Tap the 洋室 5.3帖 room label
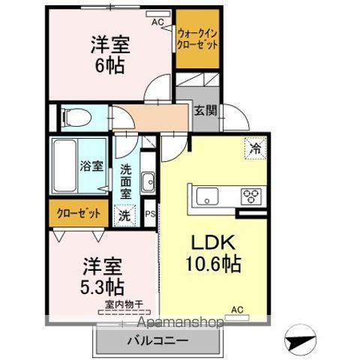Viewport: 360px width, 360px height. click(103, 277)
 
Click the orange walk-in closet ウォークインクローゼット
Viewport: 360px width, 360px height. click(198, 38)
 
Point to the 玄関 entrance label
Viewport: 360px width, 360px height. click(205, 110)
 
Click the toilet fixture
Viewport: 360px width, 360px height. click(76, 117)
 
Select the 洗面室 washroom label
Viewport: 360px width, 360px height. click(126, 181)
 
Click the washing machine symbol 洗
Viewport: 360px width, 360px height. click(124, 214)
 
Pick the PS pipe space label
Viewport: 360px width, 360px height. click(149, 214)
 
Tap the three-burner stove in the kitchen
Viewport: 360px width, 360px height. click(251, 196)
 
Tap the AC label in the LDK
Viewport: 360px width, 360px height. click(237, 309)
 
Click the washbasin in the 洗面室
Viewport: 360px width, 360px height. click(148, 181)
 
